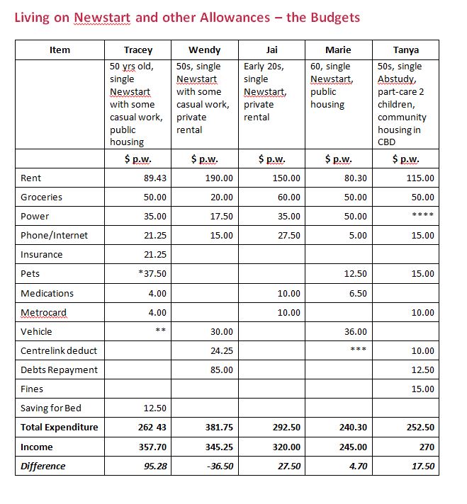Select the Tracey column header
[x=138, y=50]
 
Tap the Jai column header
[x=271, y=50]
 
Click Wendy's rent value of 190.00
[x=219, y=178]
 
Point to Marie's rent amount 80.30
[x=353, y=178]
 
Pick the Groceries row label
[x=42, y=197]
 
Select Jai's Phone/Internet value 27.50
[x=286, y=236]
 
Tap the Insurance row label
[x=42, y=255]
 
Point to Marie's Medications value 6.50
[x=358, y=293]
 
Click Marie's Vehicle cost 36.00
[x=356, y=331]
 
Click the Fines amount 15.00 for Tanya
[x=422, y=389]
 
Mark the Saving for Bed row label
[x=52, y=408]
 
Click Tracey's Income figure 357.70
[x=152, y=447]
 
